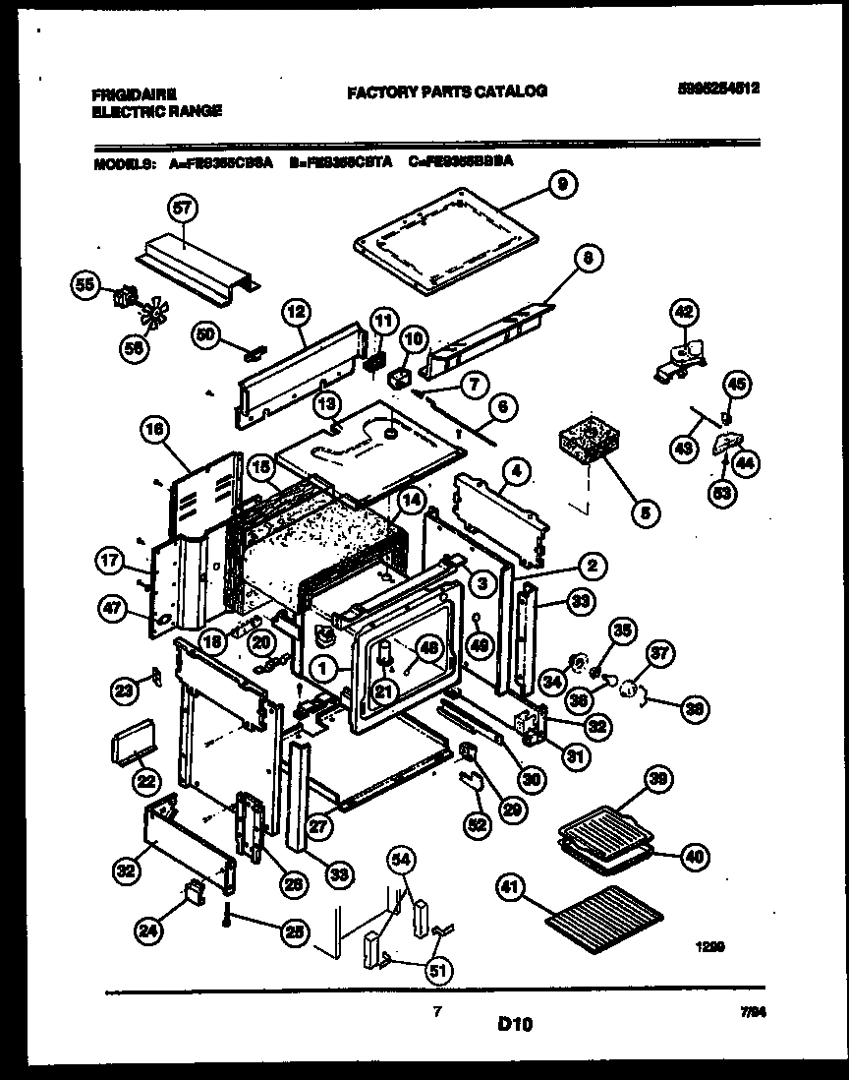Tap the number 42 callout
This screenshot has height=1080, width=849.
[683, 313]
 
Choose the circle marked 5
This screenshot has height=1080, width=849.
[645, 510]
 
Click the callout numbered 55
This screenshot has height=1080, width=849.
[85, 286]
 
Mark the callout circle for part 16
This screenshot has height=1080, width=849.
[156, 429]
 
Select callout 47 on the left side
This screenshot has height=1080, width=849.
[113, 609]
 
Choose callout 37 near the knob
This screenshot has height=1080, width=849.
[659, 653]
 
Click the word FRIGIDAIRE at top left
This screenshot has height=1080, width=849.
[135, 94]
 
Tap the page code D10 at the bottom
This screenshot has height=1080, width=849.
[514, 1024]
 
